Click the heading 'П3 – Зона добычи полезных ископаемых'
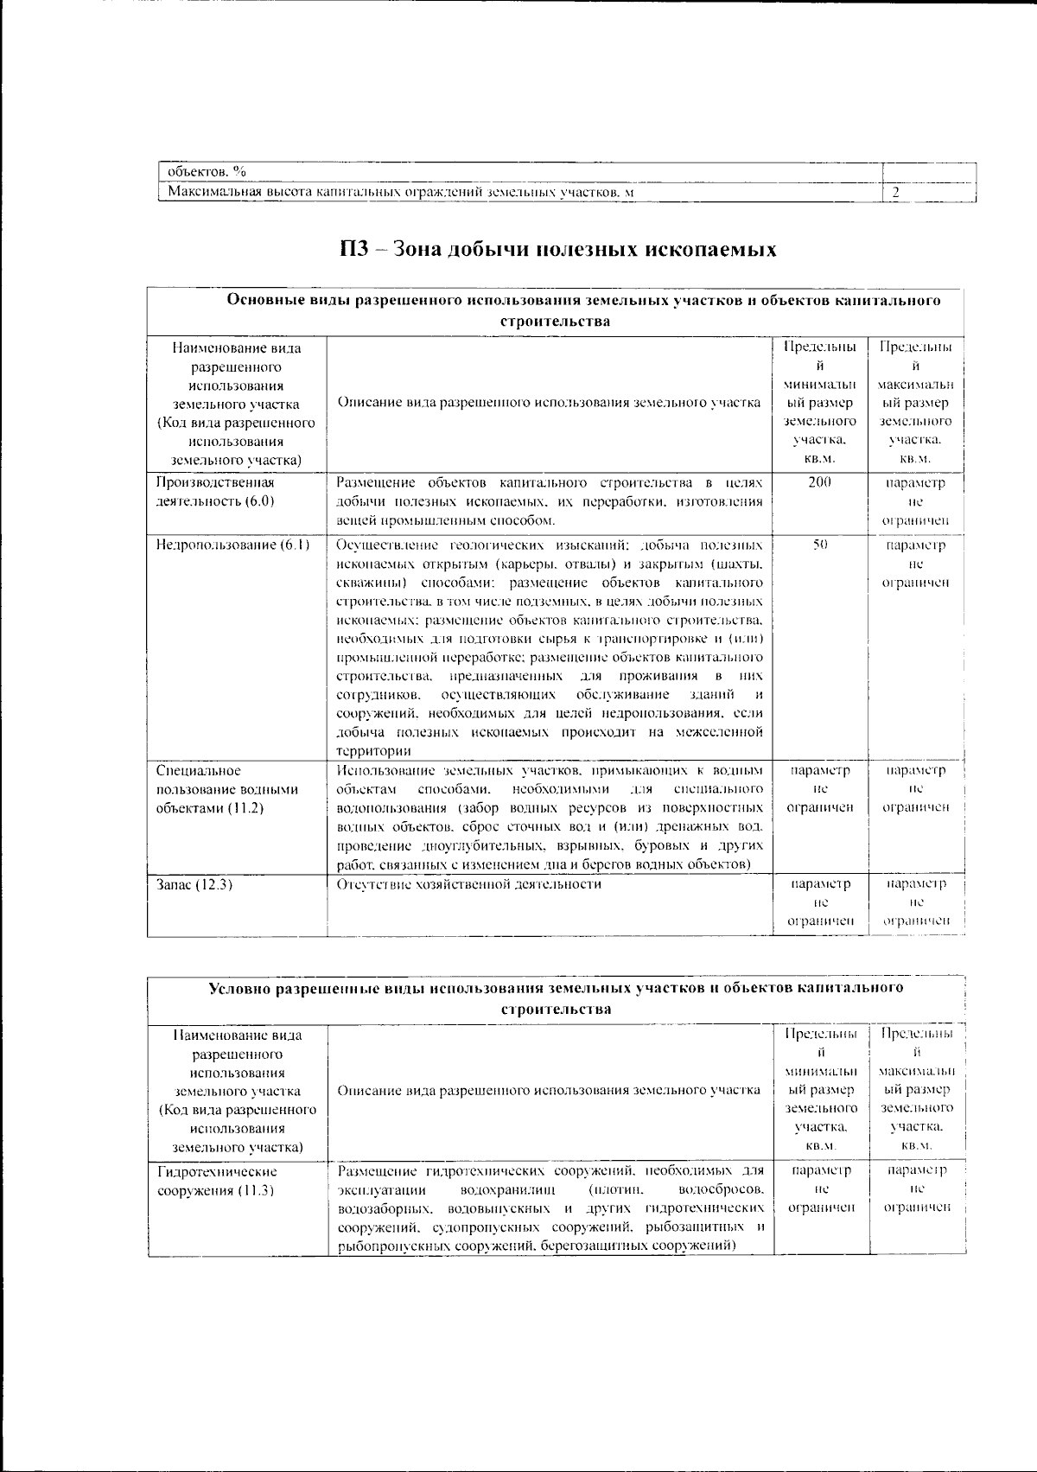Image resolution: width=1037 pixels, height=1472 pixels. point(557,250)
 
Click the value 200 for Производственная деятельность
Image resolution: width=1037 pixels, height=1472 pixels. point(819,482)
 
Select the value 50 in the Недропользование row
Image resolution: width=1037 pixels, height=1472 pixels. point(820,545)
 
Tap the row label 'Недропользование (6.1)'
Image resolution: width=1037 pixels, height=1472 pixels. point(233,545)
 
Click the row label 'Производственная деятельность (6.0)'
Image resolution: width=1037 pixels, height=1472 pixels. point(216,492)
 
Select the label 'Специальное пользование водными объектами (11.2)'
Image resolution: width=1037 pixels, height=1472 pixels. point(227,789)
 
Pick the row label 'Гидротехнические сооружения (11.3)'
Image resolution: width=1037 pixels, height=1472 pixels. point(217,1181)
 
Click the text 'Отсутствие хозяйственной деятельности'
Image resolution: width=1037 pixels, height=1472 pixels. point(468,884)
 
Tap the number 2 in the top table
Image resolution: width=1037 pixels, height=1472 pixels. point(896,192)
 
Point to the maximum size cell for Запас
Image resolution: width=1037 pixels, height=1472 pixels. point(915,902)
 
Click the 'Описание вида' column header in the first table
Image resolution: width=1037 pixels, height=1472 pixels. point(548,402)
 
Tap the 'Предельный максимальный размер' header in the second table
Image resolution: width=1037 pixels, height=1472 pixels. point(915,1088)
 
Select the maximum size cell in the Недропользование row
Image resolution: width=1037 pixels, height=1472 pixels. point(915,564)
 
